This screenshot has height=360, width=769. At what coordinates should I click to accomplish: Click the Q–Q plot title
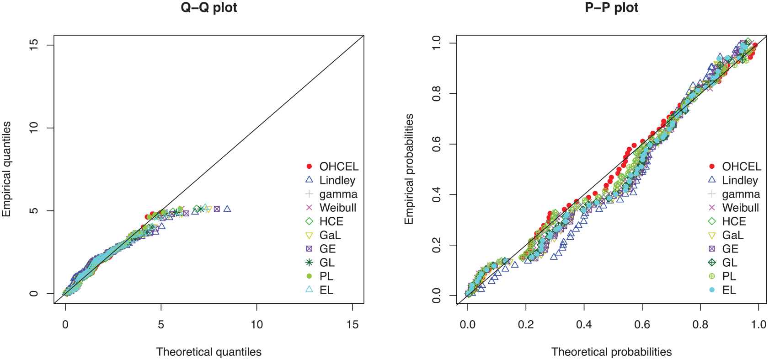coord(209,8)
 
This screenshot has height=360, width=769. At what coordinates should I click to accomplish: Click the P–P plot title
coord(611,8)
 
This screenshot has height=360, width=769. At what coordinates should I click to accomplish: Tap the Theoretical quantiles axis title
coord(209,352)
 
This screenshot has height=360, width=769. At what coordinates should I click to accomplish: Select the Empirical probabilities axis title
coord(409,169)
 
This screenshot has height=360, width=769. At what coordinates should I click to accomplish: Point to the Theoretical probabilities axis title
coord(611,352)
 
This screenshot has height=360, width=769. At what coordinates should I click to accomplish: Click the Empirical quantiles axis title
coord(6,169)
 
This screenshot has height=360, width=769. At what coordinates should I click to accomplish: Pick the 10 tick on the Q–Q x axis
coord(256,324)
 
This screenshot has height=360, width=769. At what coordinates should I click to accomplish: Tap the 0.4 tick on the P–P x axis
coord(584,324)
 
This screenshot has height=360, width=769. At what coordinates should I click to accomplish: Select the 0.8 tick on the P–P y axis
coord(437,94)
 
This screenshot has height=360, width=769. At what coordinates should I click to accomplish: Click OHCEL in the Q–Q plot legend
coord(339,167)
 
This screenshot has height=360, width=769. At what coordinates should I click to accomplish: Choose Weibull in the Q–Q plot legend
coord(337,208)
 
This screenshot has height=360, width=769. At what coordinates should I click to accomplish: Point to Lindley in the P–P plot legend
coord(740,180)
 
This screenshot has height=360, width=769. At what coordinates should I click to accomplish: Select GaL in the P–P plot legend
coord(732,235)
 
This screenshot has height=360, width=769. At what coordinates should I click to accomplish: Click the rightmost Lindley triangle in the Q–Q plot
coord(227,209)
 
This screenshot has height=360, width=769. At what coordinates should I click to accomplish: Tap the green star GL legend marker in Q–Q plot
coord(309,263)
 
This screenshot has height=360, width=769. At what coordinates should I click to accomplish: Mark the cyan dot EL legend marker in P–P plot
coord(712,290)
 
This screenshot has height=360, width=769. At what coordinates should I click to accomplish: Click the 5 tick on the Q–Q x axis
coord(161,324)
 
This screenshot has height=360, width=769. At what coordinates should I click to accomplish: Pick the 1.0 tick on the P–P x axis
coord(758,324)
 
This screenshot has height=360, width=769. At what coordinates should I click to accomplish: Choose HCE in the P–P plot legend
coord(734,221)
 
